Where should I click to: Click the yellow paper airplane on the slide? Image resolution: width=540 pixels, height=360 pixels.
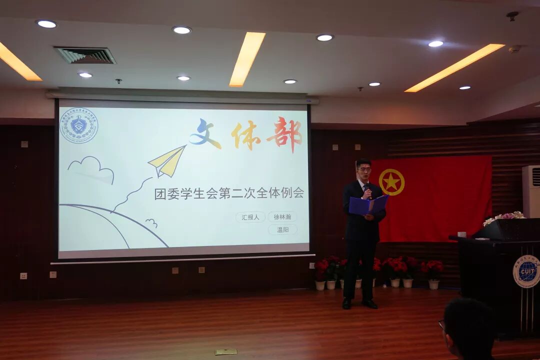[167, 161]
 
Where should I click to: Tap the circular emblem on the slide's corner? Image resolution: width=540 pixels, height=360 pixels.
[78, 125]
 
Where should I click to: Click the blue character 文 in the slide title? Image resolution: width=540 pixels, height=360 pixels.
[204, 134]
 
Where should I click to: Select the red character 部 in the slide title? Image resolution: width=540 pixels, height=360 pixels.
[284, 134]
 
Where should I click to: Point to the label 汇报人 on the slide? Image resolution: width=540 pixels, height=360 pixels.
[250, 217]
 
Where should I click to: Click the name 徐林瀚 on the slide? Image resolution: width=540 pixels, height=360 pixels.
[282, 216]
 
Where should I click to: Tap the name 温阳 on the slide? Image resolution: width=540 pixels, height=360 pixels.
[282, 229]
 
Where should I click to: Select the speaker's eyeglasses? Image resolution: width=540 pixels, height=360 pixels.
[364, 170]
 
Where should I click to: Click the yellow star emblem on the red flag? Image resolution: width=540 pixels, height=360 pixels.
[391, 182]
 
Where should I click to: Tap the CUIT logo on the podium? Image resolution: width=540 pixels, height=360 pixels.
[526, 271]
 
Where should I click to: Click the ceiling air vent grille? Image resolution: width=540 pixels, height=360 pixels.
[85, 55]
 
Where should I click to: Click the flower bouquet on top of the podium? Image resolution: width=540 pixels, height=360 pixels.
[504, 217]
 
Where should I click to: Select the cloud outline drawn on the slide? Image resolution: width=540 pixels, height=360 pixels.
[90, 166]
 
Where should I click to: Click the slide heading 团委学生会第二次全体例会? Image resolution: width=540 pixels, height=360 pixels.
[229, 193]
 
